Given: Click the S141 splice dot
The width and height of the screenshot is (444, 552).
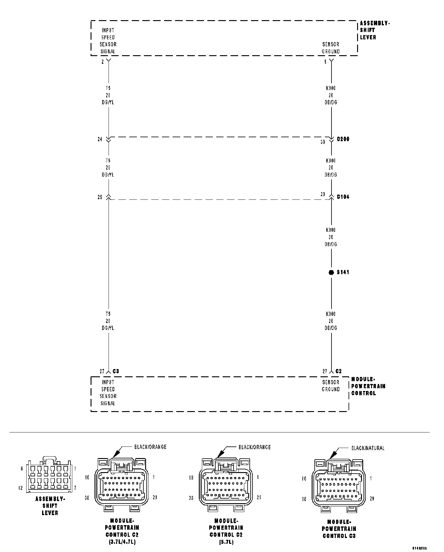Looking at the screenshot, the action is click(331, 272).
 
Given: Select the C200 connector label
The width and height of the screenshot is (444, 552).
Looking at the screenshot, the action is click(343, 139).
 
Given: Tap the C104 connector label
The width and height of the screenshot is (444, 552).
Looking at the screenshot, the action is click(343, 197).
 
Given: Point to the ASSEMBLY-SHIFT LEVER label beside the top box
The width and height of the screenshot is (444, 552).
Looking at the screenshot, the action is click(375, 30).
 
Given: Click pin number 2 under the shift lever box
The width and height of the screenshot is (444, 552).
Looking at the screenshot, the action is click(103, 62).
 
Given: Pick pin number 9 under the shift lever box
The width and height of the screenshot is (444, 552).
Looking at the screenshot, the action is click(326, 62).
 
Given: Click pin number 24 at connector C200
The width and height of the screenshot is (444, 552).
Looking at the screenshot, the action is click(100, 139).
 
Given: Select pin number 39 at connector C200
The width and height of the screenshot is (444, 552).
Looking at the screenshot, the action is click(323, 142).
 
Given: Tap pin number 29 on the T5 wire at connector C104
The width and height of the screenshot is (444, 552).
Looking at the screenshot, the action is click(100, 197).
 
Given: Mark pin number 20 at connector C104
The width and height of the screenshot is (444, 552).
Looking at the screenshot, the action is click(323, 194).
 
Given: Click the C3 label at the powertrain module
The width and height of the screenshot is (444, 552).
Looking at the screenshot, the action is click(116, 371).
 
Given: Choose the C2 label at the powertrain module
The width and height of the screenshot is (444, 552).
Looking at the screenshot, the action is click(338, 371).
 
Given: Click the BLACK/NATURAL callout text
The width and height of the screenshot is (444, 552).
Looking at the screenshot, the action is click(368, 448).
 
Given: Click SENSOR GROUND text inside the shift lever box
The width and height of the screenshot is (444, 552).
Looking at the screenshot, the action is click(331, 48).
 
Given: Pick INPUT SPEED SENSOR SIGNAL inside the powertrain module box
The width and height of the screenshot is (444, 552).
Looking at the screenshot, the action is click(108, 392).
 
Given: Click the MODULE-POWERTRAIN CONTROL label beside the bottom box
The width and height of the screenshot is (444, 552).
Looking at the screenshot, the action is click(368, 386).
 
